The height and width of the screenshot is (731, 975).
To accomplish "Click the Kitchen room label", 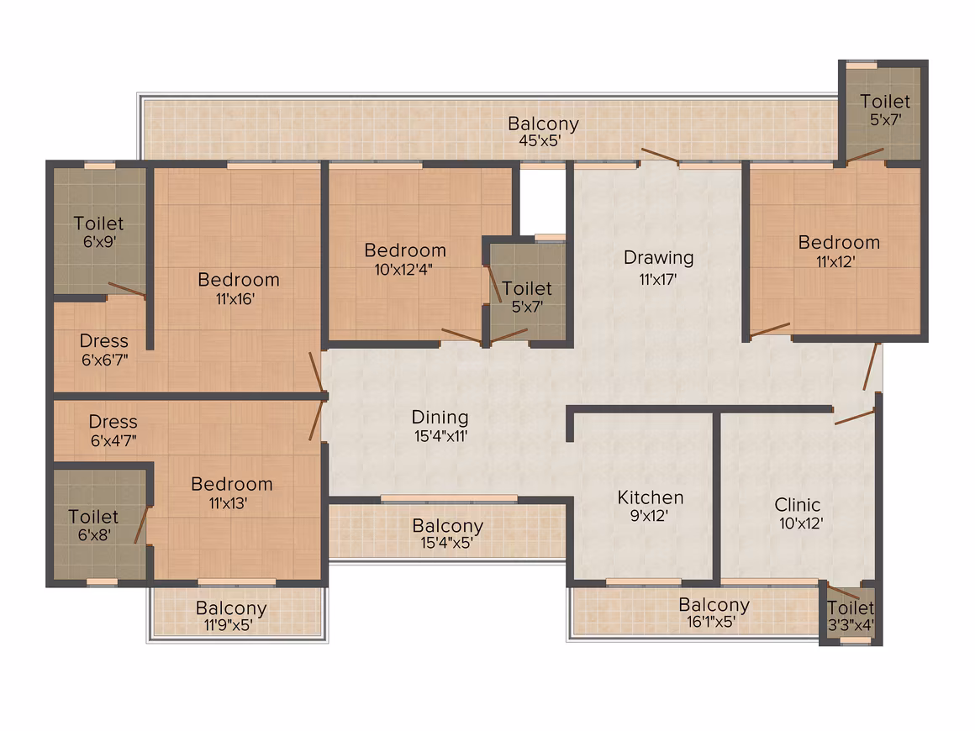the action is [x=651, y=497].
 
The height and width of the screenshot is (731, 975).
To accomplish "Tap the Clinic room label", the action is [x=797, y=505].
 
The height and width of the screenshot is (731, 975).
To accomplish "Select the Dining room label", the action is [x=440, y=417].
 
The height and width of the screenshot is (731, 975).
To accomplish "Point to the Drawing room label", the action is [x=658, y=257].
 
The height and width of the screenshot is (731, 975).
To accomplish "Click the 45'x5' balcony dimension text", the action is [x=540, y=140].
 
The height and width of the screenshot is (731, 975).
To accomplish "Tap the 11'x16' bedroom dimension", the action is [x=235, y=299].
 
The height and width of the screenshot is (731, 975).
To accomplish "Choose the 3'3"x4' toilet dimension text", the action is [x=851, y=624].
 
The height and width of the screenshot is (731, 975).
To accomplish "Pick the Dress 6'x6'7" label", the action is [x=104, y=350].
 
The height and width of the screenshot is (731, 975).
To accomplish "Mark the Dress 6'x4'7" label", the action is [x=113, y=431].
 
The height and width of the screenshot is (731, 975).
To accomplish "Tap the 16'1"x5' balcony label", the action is [x=714, y=613].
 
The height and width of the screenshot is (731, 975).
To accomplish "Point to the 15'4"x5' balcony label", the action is [x=448, y=534].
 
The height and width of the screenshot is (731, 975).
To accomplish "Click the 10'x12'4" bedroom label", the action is [x=405, y=259].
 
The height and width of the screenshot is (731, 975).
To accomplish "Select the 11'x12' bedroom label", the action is [x=839, y=251].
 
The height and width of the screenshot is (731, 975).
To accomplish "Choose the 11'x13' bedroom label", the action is [x=231, y=493].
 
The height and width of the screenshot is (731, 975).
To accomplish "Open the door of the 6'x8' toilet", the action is [x=142, y=525].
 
